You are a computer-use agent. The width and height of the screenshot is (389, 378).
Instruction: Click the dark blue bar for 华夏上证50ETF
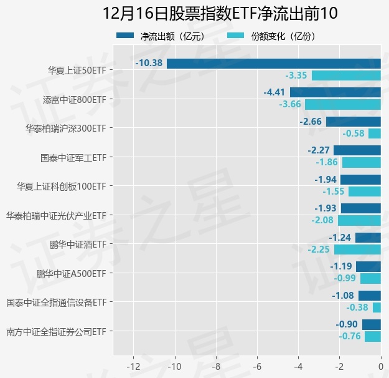[273, 63]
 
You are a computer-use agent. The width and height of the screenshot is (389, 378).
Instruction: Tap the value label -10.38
[149, 63]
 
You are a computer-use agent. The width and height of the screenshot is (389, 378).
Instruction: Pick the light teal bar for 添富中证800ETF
[342, 104]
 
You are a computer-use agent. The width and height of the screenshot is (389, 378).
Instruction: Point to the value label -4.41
[274, 92]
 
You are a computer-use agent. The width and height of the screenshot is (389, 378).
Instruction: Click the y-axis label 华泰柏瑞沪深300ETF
[65, 128]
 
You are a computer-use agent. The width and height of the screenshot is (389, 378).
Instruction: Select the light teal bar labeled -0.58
[374, 133]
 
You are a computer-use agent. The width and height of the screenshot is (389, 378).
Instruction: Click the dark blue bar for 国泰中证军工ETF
[357, 150]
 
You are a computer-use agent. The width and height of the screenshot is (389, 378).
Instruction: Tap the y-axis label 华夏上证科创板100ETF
[61, 186]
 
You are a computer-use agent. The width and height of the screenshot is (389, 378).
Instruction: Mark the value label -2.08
[322, 220]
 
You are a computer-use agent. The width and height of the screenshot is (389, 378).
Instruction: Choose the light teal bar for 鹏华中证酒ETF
[357, 250]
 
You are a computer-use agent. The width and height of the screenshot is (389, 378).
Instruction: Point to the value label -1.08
[343, 296]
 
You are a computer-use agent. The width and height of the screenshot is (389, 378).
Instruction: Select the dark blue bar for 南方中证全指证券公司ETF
[371, 324]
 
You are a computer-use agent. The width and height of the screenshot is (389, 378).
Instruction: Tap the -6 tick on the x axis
[257, 366]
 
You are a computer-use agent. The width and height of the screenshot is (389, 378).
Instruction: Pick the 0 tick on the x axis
[380, 366]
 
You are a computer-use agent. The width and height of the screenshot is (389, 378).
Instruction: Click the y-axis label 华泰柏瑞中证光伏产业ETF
[56, 215]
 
